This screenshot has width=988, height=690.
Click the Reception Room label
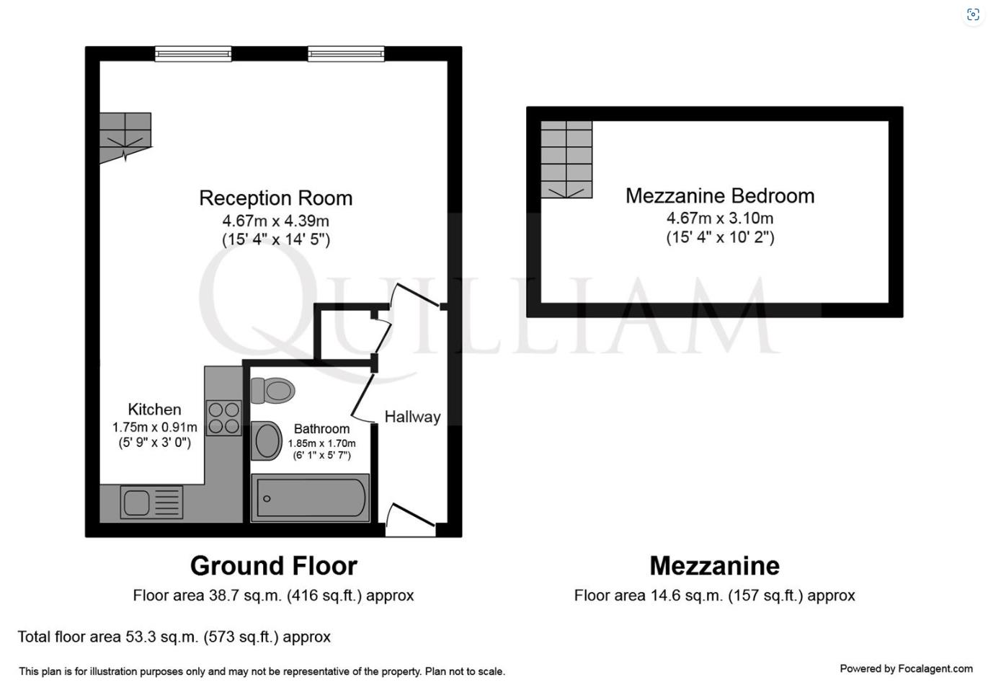(x=275, y=198)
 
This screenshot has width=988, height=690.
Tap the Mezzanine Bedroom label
(x=719, y=196)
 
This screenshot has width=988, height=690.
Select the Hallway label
(x=412, y=417)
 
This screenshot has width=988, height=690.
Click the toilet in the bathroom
(x=272, y=391)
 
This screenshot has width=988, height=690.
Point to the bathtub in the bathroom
(x=311, y=498)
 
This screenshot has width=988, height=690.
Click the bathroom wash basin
(x=267, y=441)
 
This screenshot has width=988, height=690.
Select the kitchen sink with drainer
(x=151, y=503)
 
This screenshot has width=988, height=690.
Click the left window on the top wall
(x=193, y=53)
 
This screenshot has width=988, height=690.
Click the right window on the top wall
(x=346, y=53)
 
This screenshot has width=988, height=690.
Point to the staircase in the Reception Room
(x=125, y=136)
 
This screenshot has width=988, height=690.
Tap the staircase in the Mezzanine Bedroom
(x=566, y=159)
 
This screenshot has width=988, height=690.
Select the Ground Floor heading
(x=273, y=566)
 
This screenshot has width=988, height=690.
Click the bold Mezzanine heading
(x=714, y=566)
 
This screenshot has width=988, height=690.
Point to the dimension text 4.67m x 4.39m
(x=275, y=221)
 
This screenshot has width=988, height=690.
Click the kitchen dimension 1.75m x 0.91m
(x=154, y=428)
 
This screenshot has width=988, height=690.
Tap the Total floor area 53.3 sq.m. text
(x=174, y=637)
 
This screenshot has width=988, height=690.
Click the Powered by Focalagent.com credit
(x=906, y=669)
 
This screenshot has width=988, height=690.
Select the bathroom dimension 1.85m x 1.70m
(x=321, y=443)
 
